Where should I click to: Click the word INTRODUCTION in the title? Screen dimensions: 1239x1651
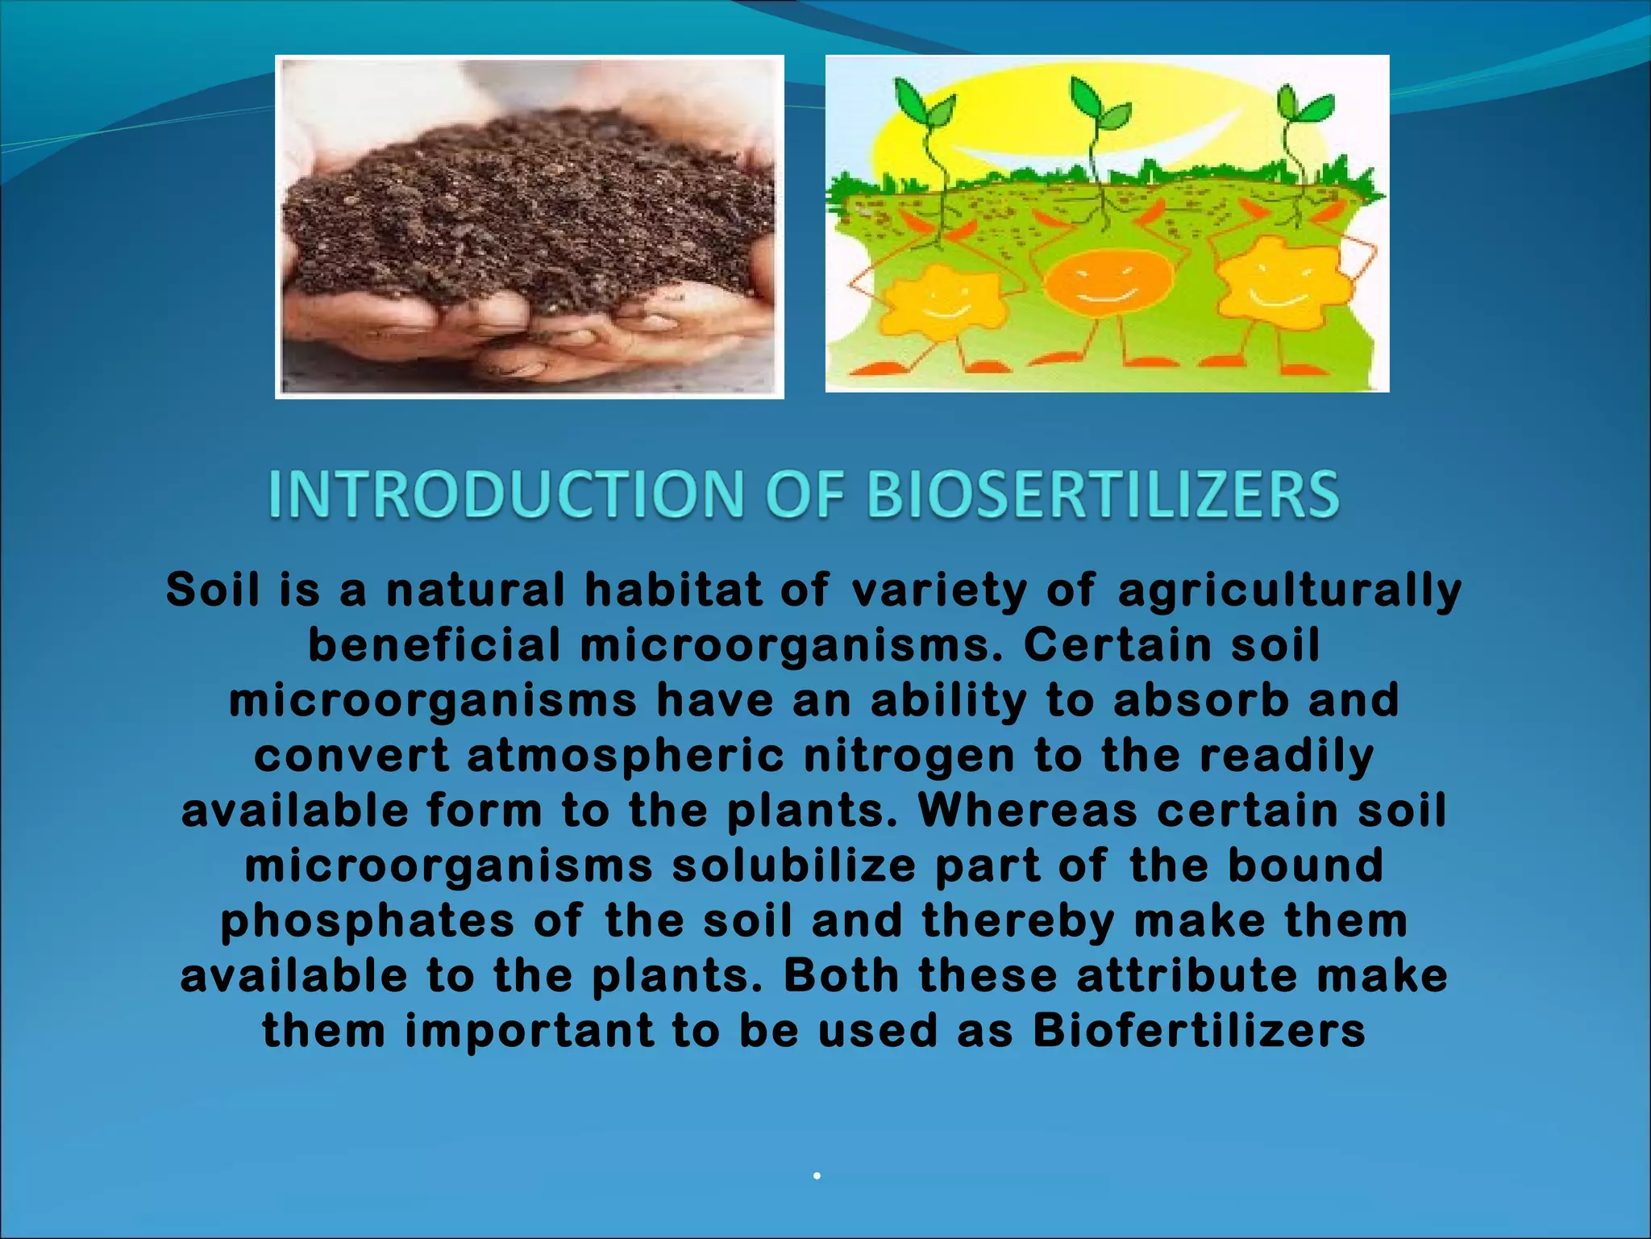(x=506, y=494)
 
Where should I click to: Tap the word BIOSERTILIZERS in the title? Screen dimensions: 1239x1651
(x=1102, y=494)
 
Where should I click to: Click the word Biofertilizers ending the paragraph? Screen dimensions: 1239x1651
(x=1200, y=1032)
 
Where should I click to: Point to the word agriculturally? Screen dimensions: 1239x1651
(x=1289, y=590)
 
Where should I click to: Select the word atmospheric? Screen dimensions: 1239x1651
(x=626, y=757)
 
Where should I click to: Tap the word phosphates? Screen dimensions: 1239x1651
(x=368, y=922)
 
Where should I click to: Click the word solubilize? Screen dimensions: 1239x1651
(x=794, y=866)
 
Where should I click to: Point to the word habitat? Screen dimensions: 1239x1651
(x=673, y=590)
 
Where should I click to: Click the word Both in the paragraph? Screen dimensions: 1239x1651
(x=841, y=976)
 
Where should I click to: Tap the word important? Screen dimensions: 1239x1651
(x=529, y=1032)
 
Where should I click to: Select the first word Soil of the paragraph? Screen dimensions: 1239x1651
(x=213, y=590)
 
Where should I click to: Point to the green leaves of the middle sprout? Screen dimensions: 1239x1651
(x=1100, y=106)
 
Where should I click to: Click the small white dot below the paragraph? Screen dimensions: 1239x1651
(x=817, y=1176)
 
